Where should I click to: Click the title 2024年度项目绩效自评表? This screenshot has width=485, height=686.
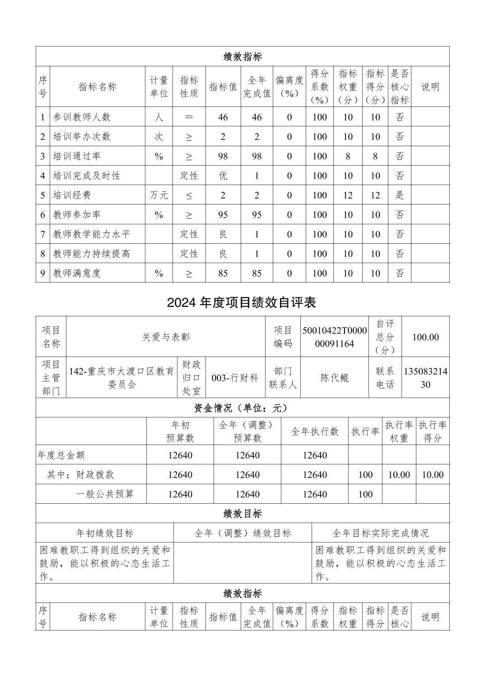(x=242, y=302)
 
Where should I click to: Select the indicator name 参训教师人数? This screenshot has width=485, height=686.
(x=82, y=117)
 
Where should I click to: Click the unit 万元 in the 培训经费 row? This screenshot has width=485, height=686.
(x=159, y=195)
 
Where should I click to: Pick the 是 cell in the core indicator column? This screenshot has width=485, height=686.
(x=400, y=195)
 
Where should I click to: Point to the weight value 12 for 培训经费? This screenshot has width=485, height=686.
(x=348, y=195)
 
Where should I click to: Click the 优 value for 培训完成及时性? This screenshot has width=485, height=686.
(x=223, y=176)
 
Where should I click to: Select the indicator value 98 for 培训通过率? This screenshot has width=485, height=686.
(x=223, y=157)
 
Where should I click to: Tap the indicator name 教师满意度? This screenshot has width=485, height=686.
(x=77, y=273)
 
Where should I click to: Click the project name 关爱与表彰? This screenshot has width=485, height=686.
(x=166, y=337)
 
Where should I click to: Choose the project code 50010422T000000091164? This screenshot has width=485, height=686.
(x=335, y=337)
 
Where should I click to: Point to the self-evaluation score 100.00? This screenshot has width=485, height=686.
(x=425, y=337)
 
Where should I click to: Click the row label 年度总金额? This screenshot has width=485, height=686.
(x=61, y=455)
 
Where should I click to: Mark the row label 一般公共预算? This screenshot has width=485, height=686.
(x=105, y=494)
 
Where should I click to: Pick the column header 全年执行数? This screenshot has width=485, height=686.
(x=315, y=432)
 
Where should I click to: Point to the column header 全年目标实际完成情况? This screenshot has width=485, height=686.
(x=381, y=533)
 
